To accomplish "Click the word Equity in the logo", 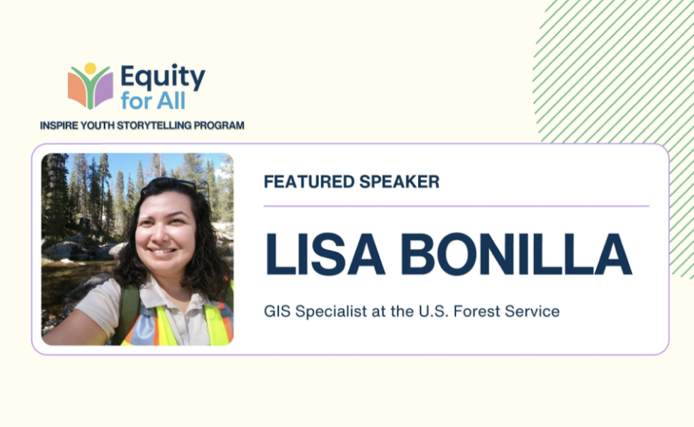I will click(162, 78).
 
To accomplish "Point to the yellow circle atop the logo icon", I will click(90, 68).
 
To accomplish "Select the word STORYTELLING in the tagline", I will click(157, 126).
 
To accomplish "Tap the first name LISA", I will click(323, 254).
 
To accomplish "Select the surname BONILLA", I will click(516, 254).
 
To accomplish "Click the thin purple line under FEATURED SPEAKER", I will click(456, 206).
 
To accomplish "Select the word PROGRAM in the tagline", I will click(219, 126).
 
